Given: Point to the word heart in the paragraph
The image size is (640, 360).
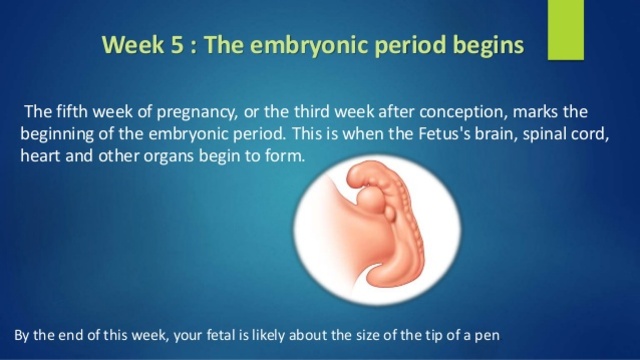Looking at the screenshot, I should [41, 158].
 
